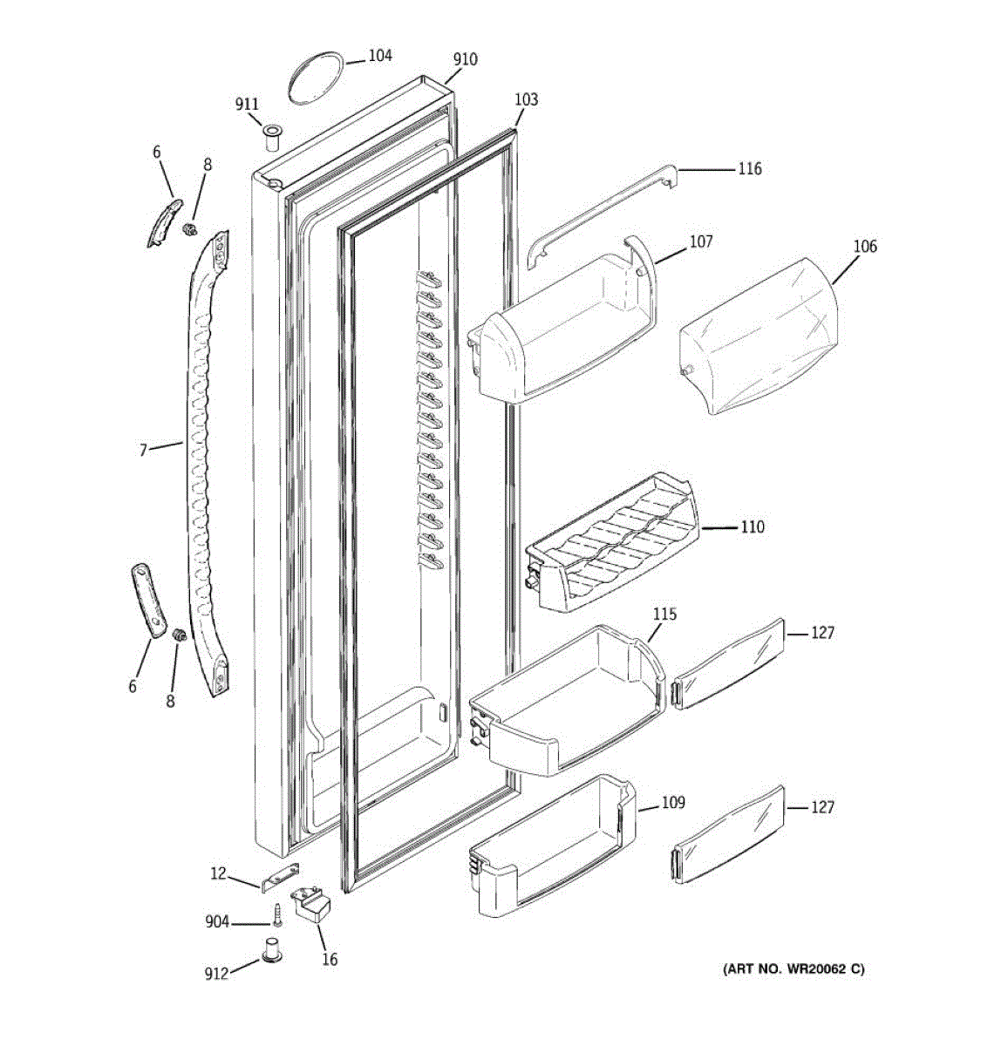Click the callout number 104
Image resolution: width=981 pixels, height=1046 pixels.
[379, 56]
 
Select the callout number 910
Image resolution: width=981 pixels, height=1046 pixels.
[465, 59]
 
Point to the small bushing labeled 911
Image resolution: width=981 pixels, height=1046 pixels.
[270, 136]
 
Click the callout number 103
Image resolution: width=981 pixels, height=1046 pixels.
[526, 99]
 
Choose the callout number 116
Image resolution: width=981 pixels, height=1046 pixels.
[749, 168]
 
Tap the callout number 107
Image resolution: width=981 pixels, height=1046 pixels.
[701, 241]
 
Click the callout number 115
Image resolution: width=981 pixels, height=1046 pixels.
[664, 615]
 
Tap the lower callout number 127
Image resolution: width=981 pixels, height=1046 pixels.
[822, 807]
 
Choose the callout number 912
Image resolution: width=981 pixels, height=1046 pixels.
[216, 973]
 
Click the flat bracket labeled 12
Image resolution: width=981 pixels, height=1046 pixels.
[281, 878]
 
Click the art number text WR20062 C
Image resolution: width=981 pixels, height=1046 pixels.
[793, 968]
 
